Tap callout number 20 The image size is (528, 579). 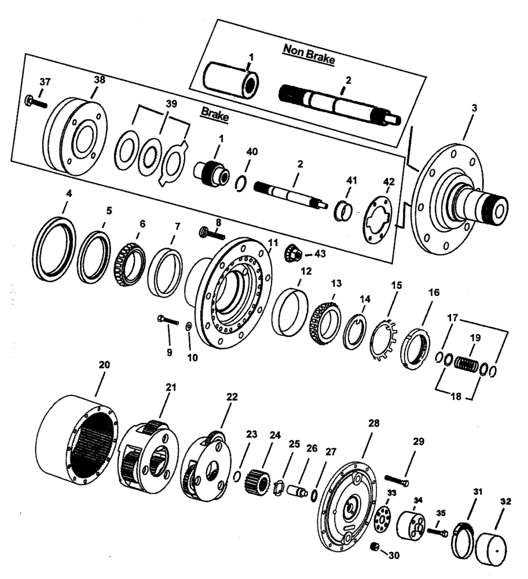pyautogui.click(x=104, y=365)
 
